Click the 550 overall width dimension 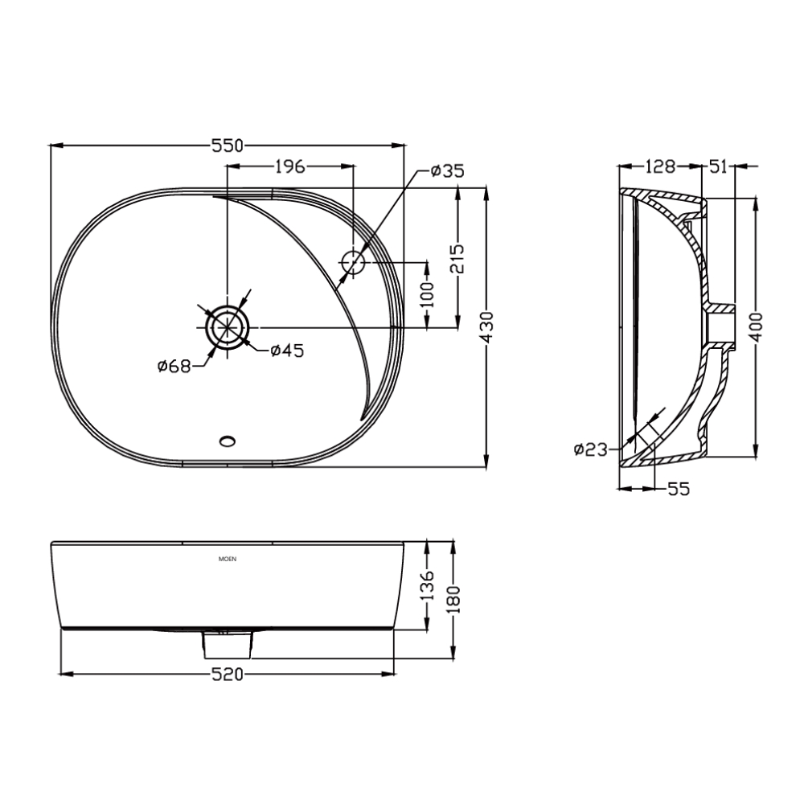(227, 146)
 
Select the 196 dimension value (289, 166)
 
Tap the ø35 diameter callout (447, 170)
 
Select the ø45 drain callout (286, 350)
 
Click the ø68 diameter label (174, 367)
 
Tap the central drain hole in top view (228, 327)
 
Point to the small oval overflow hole (228, 440)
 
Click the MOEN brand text (228, 557)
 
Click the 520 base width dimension (228, 673)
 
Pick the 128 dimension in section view (659, 166)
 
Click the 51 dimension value (718, 166)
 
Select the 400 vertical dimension (756, 326)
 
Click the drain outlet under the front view (228, 642)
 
